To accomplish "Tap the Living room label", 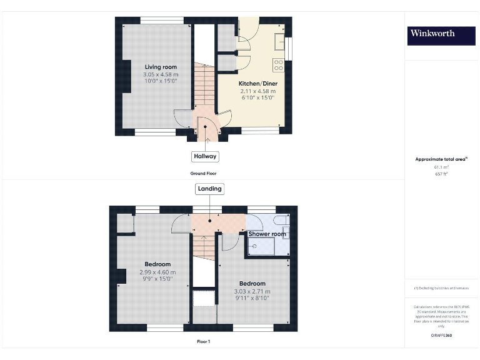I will [x=161, y=67].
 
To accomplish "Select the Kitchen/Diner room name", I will [x=258, y=83].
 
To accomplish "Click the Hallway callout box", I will [x=205, y=156].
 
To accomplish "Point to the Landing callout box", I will [x=209, y=189].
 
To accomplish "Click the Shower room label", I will [x=267, y=234].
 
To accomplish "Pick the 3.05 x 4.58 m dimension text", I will [x=161, y=75].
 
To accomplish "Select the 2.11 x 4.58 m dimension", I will [x=258, y=91].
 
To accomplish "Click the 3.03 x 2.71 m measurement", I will [x=252, y=291].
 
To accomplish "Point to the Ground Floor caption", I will [x=203, y=173].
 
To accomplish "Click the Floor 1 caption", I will [x=203, y=342].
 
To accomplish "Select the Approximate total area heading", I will [x=441, y=159].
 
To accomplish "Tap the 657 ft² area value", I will [x=441, y=174].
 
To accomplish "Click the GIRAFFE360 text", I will [x=441, y=336].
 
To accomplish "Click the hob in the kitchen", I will [x=279, y=64].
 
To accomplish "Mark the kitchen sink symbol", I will [x=279, y=41].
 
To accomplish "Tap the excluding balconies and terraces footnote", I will [x=441, y=287].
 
